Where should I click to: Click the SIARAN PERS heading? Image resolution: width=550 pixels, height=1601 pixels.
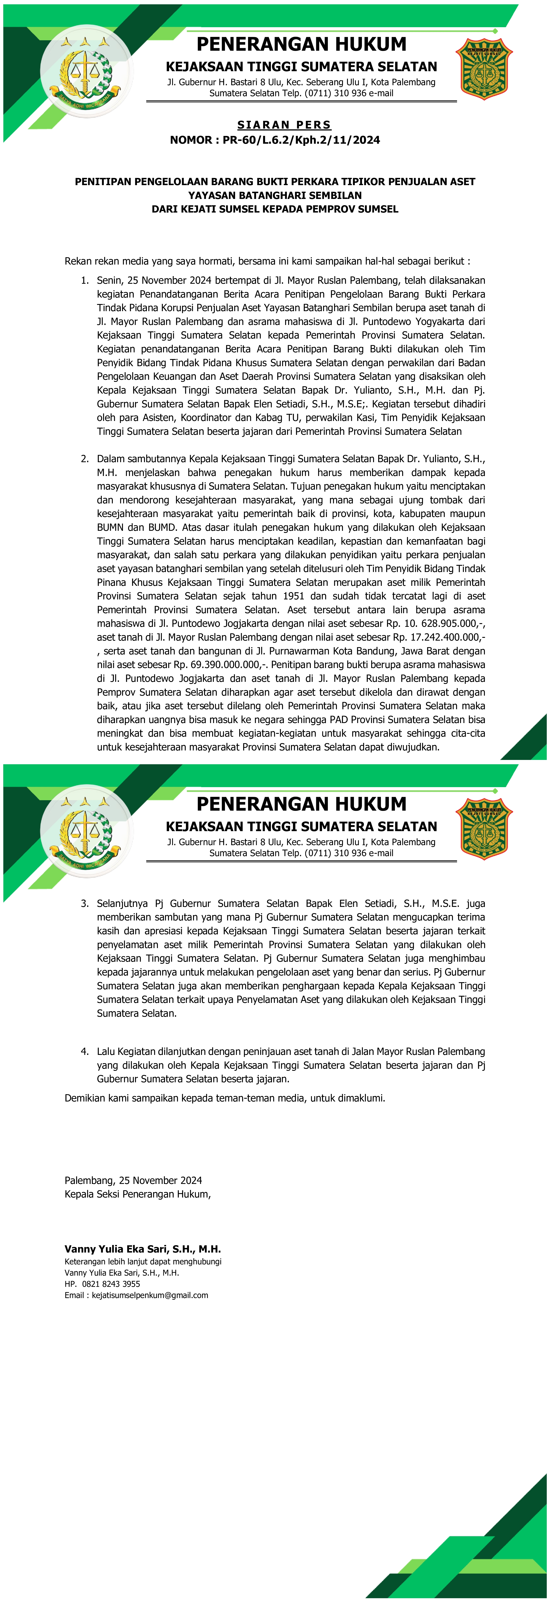pyautogui.click(x=284, y=125)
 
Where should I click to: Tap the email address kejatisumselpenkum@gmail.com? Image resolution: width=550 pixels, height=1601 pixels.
pyautogui.click(x=150, y=1295)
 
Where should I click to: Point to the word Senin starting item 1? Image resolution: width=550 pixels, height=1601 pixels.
pyautogui.click(x=109, y=280)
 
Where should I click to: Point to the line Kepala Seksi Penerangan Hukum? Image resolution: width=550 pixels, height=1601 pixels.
pyautogui.click(x=137, y=1194)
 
